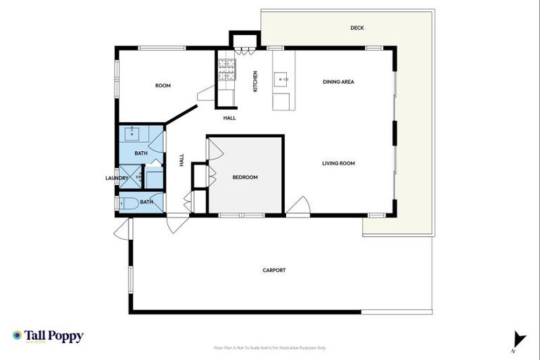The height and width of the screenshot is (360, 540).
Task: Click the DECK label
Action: coord(357,28)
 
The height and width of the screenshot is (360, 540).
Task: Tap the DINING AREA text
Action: coord(338,82)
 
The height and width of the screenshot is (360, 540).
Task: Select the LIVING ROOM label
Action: coord(338,163)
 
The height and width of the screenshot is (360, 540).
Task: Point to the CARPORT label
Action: coord(274,270)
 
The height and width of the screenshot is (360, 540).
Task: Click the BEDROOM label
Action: coord(245,177)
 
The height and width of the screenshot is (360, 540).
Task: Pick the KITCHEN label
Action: coord(255,82)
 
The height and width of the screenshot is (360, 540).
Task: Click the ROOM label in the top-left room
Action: coord(163,86)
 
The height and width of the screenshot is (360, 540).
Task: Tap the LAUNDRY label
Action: coord(116,178)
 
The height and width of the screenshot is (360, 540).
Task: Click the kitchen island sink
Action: coord(283,79)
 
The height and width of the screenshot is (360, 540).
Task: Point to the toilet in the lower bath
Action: coord(129,205)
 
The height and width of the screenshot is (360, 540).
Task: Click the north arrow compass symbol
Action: coord(518,340)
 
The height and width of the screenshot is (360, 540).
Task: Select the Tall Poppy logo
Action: coord(48,336)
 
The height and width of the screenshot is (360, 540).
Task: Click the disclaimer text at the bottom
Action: coord(269,347)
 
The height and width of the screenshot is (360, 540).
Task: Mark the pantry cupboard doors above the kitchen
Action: coord(244,50)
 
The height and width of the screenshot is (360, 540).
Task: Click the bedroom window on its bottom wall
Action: coord(240,214)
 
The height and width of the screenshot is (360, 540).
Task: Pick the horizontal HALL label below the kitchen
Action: coord(229,118)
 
